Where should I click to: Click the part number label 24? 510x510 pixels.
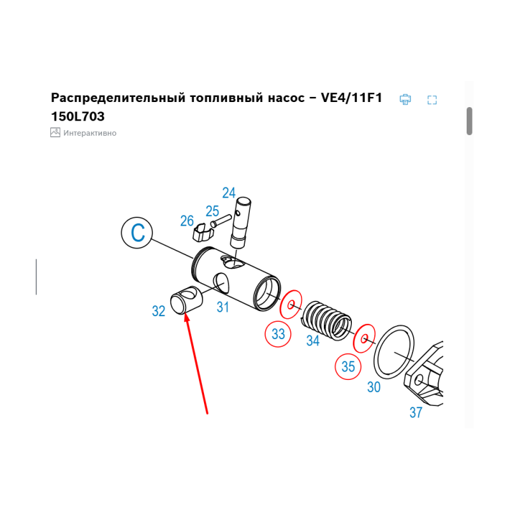[229, 193]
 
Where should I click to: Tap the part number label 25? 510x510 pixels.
[212, 211]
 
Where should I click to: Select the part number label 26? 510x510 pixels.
[187, 221]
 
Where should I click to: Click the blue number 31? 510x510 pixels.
[222, 307]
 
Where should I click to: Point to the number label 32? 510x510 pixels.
[159, 311]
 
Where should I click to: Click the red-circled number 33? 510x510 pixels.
[278, 333]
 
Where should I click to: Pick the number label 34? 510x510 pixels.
[312, 341]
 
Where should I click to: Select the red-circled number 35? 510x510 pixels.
[348, 367]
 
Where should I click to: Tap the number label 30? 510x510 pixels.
[374, 387]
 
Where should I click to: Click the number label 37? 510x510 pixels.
[416, 412]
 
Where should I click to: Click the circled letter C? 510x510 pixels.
[138, 233]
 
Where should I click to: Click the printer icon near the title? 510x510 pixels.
[405, 99]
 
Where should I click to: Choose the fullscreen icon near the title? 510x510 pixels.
[432, 99]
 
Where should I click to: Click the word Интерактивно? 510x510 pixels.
[90, 133]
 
